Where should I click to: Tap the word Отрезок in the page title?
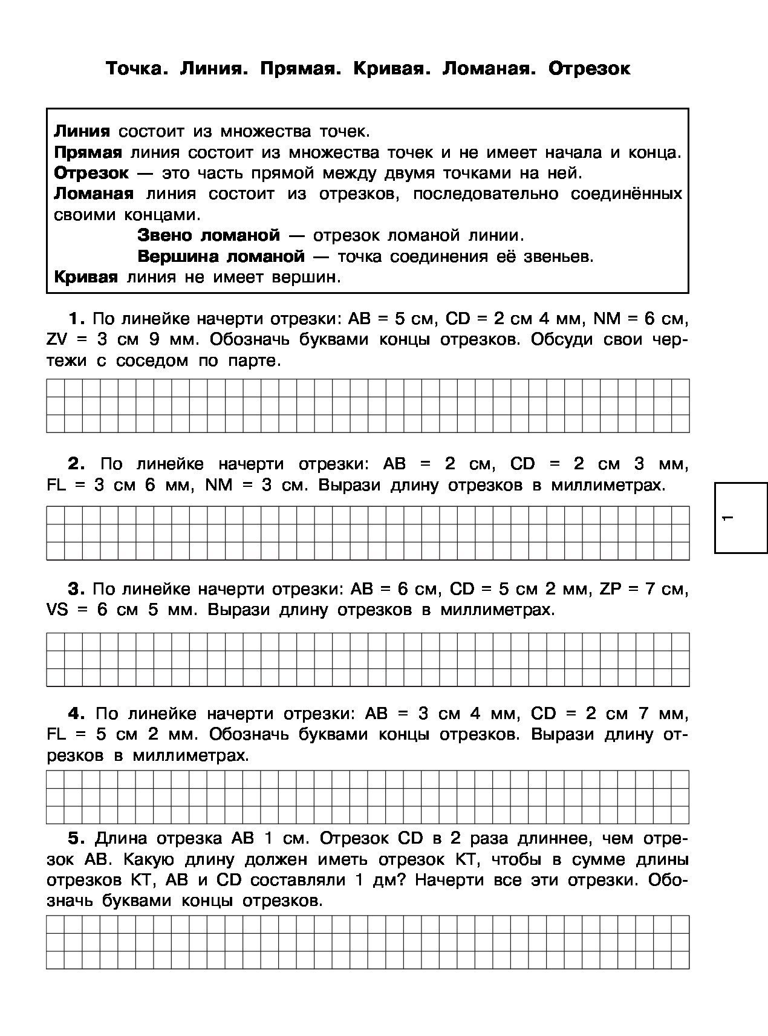click(589, 68)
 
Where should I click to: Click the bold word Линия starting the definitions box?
click(82, 131)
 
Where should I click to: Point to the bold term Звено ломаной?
click(209, 235)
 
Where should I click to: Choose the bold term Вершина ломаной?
click(221, 256)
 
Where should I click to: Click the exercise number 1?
click(76, 319)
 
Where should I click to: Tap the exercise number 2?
click(76, 464)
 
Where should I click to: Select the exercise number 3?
click(76, 588)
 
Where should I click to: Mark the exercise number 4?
click(76, 714)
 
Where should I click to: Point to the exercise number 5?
click(76, 838)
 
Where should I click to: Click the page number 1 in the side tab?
click(728, 518)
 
